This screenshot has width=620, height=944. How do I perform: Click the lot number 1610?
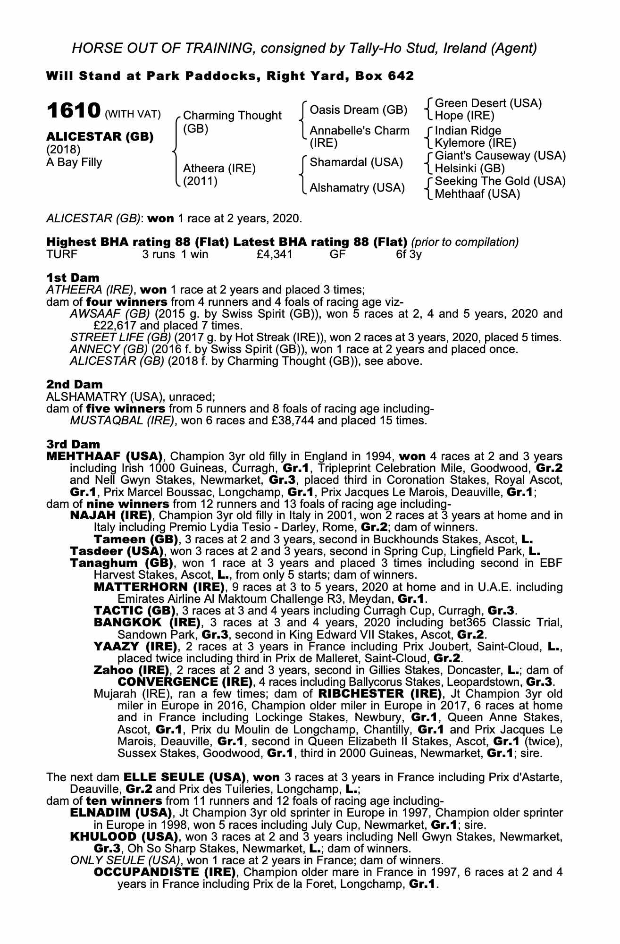(73, 111)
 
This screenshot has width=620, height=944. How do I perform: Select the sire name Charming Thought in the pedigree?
(232, 116)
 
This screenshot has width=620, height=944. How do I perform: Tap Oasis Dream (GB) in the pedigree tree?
(358, 110)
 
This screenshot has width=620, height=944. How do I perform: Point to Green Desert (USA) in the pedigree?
(488, 103)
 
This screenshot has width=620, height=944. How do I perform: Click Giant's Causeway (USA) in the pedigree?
(500, 156)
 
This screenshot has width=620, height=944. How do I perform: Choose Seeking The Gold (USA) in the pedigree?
(500, 181)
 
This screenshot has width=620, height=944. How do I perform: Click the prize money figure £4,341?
(272, 255)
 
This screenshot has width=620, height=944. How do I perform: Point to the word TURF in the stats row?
(62, 255)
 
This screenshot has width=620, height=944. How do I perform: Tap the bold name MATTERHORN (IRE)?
(159, 587)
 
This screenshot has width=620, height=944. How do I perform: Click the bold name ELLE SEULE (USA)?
(184, 777)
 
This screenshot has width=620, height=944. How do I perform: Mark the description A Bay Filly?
(74, 162)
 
